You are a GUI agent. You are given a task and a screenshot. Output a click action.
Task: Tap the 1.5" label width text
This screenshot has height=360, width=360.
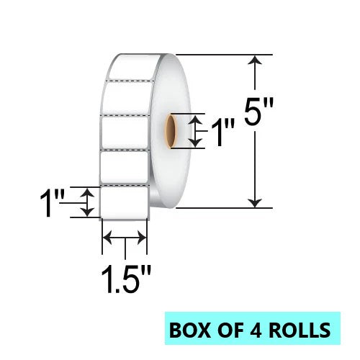click(126, 279)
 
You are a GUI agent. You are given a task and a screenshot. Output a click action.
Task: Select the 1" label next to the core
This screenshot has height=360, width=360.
click(222, 132)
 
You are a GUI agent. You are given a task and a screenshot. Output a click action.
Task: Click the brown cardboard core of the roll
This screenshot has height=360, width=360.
click(171, 131)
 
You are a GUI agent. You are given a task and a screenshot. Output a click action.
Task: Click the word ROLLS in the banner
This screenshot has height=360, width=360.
click(300, 330)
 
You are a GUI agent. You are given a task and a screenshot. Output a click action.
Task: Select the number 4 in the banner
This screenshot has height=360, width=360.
click(256, 330)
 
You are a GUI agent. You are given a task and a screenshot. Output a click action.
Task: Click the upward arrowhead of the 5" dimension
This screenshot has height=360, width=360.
click(255, 60)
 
